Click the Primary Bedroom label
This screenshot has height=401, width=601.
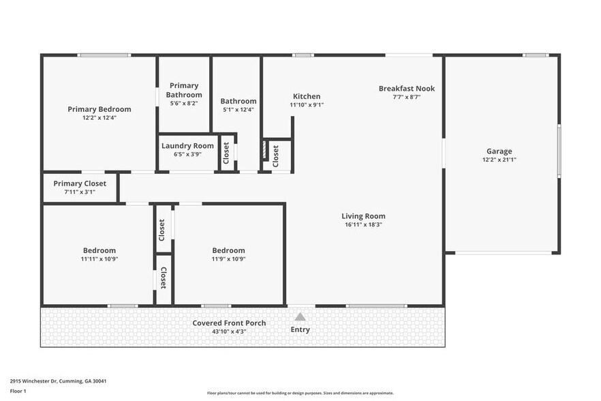(99, 109)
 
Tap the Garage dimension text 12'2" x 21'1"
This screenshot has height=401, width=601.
(499, 160)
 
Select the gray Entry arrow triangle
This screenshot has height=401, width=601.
(300, 316)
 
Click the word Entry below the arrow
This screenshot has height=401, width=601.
(300, 329)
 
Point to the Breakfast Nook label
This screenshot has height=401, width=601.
(407, 89)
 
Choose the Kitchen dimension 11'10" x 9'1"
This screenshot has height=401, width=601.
(307, 105)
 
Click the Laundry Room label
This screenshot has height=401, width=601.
(187, 146)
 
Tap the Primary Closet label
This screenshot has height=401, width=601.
(80, 183)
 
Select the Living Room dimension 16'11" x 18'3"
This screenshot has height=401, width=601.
(363, 224)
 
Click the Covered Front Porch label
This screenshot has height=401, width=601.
(229, 323)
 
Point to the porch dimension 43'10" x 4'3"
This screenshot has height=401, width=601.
(229, 331)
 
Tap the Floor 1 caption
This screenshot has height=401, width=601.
(18, 391)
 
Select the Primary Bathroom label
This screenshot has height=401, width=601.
(184, 90)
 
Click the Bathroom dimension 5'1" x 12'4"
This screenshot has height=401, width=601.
(238, 109)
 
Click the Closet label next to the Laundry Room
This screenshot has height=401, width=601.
(227, 153)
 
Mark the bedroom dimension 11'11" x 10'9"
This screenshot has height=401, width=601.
(99, 258)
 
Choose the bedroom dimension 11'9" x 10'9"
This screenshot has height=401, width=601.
(228, 258)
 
